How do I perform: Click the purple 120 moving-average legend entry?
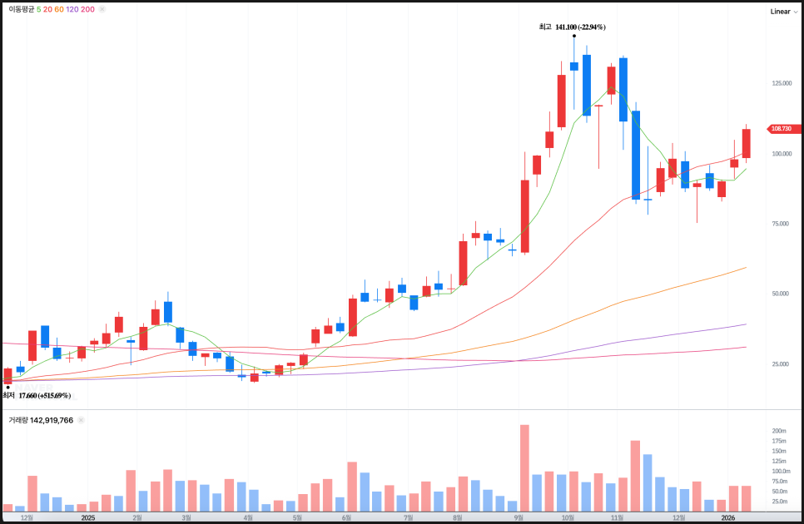[72, 9]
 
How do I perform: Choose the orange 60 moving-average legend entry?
[58, 9]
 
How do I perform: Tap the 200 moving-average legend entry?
[87, 9]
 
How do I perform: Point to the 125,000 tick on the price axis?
[781, 83]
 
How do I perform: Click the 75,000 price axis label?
[781, 224]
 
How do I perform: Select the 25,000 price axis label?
[781, 364]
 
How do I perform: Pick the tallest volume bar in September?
[524, 467]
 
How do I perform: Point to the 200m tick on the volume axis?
[779, 431]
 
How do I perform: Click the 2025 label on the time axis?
[87, 517]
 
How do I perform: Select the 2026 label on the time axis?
[727, 517]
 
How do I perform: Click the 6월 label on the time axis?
[345, 517]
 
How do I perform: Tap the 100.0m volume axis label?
[779, 471]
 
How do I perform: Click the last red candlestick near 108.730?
[747, 144]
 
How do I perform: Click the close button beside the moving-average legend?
[102, 9]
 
